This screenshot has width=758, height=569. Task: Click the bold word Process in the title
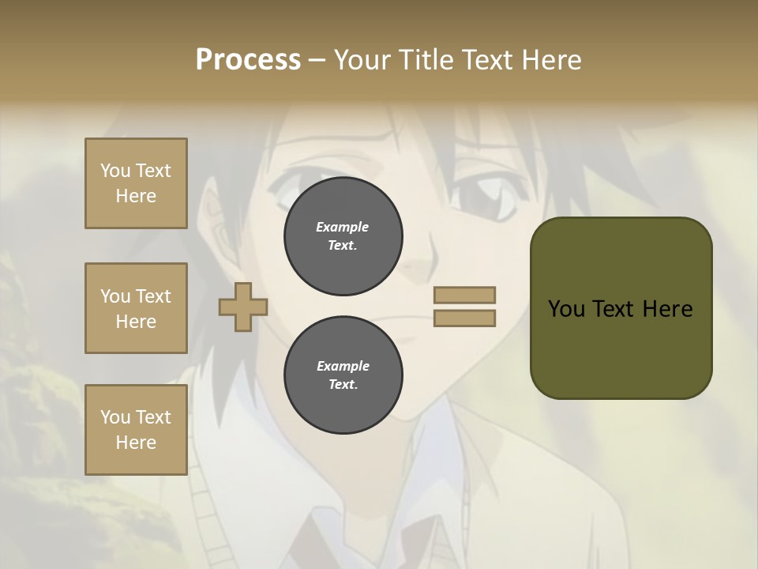click(x=248, y=60)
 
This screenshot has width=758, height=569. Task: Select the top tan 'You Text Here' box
click(x=136, y=183)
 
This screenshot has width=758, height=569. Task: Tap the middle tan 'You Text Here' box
click(x=136, y=308)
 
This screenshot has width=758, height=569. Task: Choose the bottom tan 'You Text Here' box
click(x=136, y=430)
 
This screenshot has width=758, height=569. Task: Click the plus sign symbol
click(x=242, y=307)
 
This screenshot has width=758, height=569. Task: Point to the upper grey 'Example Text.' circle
click(x=343, y=236)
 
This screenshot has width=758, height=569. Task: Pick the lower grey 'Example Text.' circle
click(x=343, y=375)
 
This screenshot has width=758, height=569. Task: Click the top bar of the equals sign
click(x=465, y=295)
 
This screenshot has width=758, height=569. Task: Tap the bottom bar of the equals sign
click(x=465, y=318)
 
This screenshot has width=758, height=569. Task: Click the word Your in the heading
click(x=362, y=60)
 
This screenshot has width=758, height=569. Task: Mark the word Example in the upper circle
click(x=343, y=227)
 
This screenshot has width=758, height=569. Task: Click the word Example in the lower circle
click(x=343, y=366)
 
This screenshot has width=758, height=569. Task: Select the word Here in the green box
click(x=667, y=309)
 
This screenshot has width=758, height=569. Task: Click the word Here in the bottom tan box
click(x=136, y=443)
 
